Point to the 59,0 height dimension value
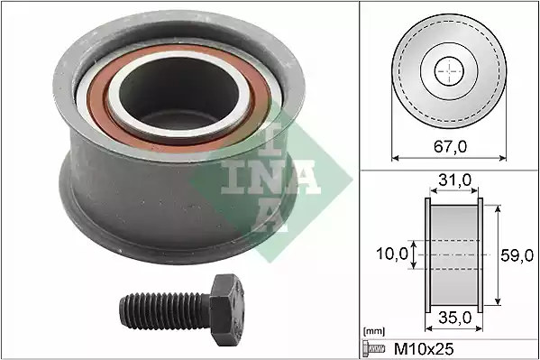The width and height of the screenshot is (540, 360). (517, 255)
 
